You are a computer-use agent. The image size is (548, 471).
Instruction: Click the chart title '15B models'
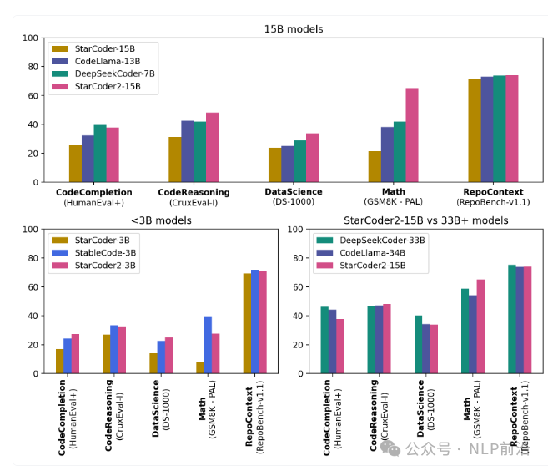pyautogui.click(x=293, y=29)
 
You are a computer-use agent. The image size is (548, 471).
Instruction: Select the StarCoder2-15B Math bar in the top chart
pyautogui.click(x=412, y=135)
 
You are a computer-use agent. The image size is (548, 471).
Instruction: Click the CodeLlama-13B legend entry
pyautogui.click(x=108, y=62)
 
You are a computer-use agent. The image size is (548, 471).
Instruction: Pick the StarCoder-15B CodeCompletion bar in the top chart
pyautogui.click(x=75, y=164)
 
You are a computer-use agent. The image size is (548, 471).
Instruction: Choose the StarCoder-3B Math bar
pyautogui.click(x=200, y=367)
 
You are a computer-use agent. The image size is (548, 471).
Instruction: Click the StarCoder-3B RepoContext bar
pyautogui.click(x=247, y=323)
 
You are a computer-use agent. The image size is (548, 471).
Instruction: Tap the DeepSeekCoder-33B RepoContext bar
pyautogui.click(x=512, y=319)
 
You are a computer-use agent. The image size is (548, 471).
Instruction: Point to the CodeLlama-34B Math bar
pyautogui.click(x=473, y=334)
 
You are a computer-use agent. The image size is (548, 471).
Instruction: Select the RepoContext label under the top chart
pyautogui.click(x=492, y=192)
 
